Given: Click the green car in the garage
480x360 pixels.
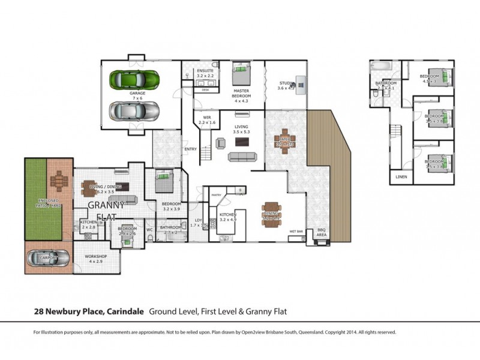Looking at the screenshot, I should (x=134, y=79).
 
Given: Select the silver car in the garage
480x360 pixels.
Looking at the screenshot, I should (x=134, y=110).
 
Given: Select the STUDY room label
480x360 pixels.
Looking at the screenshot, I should (x=286, y=83).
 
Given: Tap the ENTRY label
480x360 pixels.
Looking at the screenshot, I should (x=191, y=149).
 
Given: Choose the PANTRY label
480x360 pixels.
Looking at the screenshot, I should (x=217, y=195).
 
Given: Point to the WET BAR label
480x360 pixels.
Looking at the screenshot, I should (x=295, y=231).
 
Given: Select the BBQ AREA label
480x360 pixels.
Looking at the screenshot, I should (x=321, y=233).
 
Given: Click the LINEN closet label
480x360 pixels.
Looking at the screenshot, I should (x=400, y=176).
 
